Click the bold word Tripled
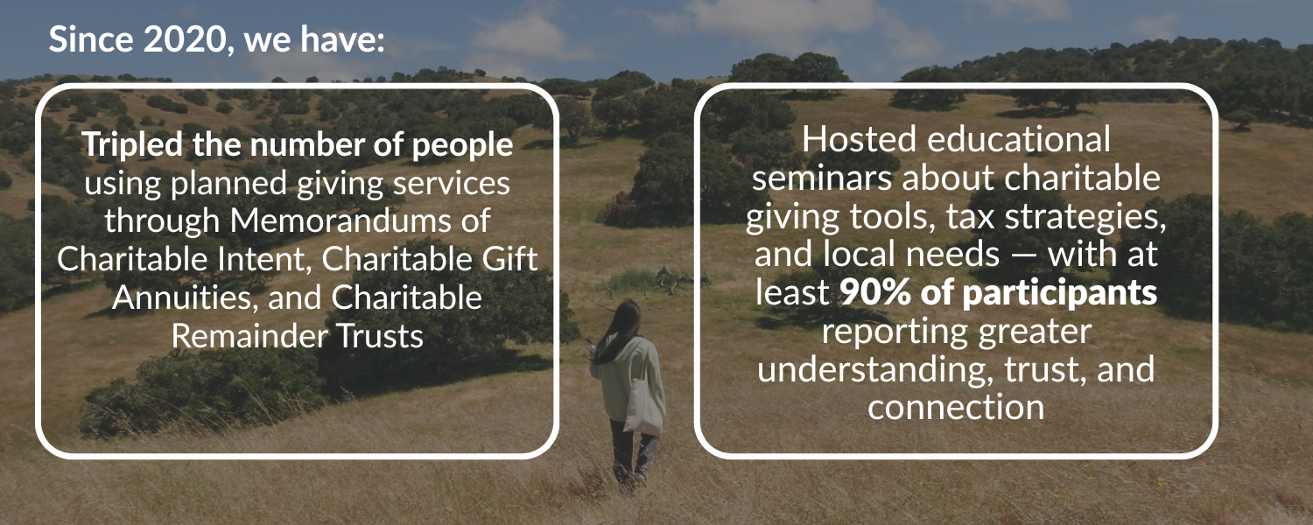coord(132,145)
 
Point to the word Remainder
coord(249,336)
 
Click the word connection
coord(956,407)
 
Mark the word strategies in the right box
coord(1085,217)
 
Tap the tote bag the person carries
coord(643,407)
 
